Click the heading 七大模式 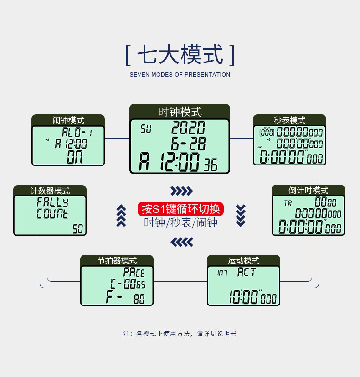coord(180,55)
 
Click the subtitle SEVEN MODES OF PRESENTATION coord(180,75)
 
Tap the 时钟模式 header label coord(180,112)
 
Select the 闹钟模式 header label coord(68,120)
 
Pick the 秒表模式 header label coord(290,120)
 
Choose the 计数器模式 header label coord(50,191)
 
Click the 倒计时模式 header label coord(309,190)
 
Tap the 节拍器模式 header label coord(117,261)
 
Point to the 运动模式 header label coord(244,261)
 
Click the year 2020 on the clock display coord(188,128)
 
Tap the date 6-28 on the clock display coord(188,144)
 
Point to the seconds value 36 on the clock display coord(211,165)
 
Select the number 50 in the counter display coord(78,229)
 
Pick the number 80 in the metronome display coord(139,300)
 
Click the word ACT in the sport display coord(247,273)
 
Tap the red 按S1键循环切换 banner coord(181,209)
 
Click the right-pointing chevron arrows coord(181,191)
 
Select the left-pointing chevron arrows coord(181,241)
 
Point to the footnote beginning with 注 coord(180,334)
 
